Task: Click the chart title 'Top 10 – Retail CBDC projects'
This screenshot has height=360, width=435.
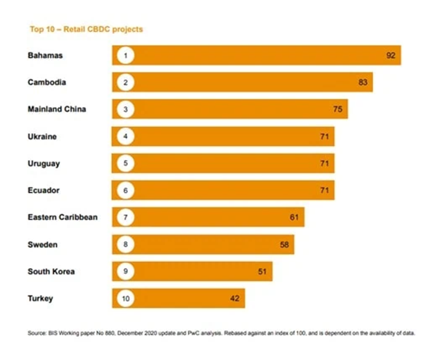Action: [x=85, y=29]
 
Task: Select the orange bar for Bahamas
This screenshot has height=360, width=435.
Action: [x=258, y=55]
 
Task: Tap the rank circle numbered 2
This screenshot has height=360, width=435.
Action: [x=125, y=82]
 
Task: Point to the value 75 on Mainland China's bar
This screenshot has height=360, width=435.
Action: [x=338, y=109]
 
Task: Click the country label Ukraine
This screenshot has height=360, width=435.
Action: [x=42, y=136]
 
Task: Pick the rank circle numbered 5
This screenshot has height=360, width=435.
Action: [x=125, y=163]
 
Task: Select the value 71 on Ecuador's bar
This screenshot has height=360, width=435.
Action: [x=324, y=190]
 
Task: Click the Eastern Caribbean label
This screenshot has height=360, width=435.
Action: [x=62, y=217]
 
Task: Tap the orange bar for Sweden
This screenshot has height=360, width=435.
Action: [x=204, y=244]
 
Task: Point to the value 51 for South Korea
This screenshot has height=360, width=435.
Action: [x=262, y=271]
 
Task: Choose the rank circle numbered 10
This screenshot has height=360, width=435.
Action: [x=125, y=298]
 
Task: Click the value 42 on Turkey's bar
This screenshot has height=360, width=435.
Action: [x=234, y=298]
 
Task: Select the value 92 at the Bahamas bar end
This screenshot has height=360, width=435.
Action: [x=391, y=55]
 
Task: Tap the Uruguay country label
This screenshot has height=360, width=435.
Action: [x=44, y=163]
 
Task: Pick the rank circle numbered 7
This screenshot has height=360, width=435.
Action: [x=125, y=217]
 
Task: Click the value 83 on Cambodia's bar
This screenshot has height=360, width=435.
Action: [x=362, y=82]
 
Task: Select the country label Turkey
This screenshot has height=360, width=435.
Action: [x=40, y=298]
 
